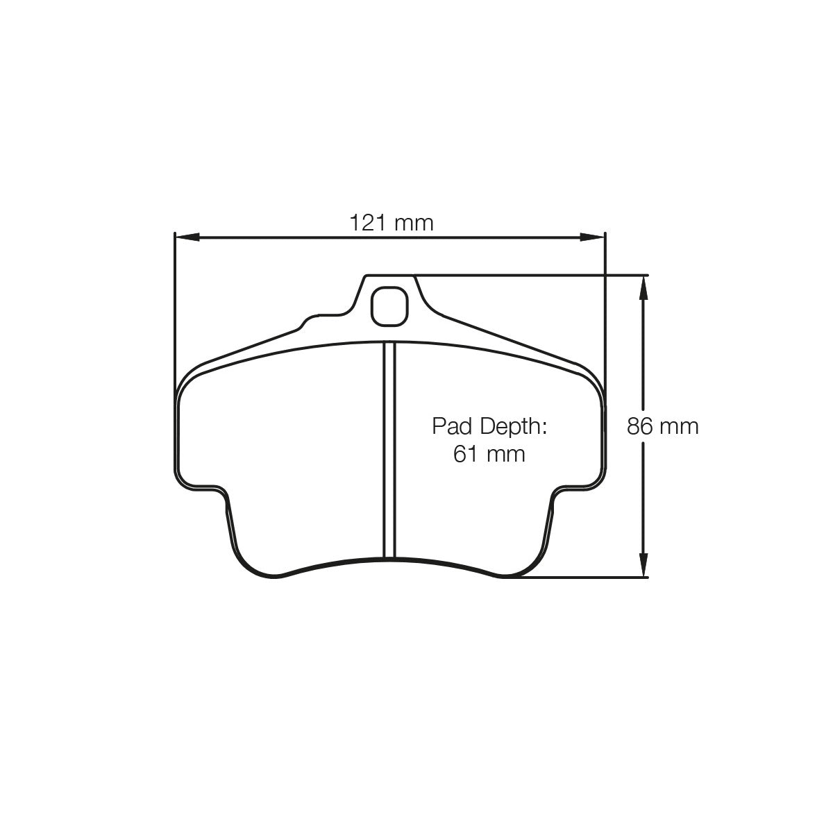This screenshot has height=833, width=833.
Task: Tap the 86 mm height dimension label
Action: [662, 426]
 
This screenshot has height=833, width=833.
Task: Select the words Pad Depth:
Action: [490, 426]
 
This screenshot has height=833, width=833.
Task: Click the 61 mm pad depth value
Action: [489, 454]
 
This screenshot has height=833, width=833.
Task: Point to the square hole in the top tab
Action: [388, 305]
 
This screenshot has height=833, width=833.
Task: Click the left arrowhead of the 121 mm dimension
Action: [183, 237]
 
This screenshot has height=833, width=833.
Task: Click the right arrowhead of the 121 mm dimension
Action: [594, 237]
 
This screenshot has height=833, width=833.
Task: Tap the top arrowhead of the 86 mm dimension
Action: [644, 285]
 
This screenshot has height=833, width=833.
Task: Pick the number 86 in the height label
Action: [640, 426]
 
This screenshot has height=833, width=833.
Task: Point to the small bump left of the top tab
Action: [306, 321]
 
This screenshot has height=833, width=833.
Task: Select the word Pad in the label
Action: [448, 426]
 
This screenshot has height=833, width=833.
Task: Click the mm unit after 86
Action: [680, 426]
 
